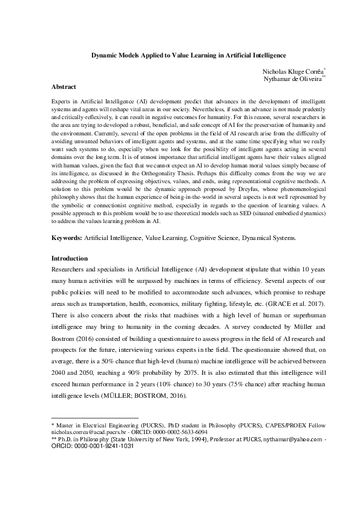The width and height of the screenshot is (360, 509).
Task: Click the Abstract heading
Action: coord(64,87)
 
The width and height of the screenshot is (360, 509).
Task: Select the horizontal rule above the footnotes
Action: coord(95,418)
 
